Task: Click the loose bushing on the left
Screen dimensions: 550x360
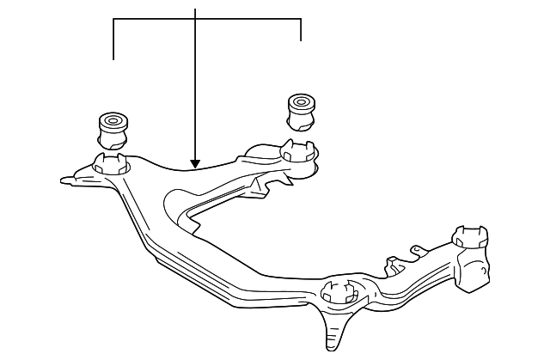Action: tap(113, 128)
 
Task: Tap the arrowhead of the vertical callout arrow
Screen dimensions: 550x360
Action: tap(196, 163)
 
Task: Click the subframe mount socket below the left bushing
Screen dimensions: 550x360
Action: tap(110, 163)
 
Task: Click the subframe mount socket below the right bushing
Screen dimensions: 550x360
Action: tap(296, 154)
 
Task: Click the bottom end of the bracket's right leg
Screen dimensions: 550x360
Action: tap(301, 40)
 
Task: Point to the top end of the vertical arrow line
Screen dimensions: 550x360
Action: tap(196, 9)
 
